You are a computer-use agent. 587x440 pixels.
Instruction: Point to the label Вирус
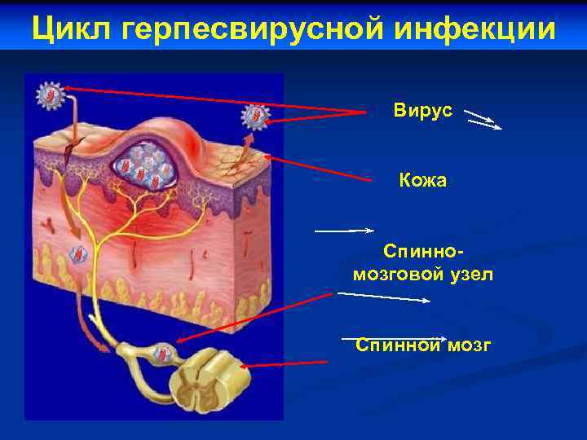click(x=422, y=111)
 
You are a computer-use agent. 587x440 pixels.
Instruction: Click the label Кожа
click(x=422, y=180)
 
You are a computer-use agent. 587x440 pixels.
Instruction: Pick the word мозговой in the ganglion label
click(x=392, y=275)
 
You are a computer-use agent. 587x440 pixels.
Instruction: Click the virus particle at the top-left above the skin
click(x=50, y=96)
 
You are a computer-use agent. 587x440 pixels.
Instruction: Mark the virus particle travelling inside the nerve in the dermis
click(x=79, y=254)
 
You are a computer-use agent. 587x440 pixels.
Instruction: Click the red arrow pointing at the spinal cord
click(x=285, y=363)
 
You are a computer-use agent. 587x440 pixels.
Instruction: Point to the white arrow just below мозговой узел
click(x=383, y=297)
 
